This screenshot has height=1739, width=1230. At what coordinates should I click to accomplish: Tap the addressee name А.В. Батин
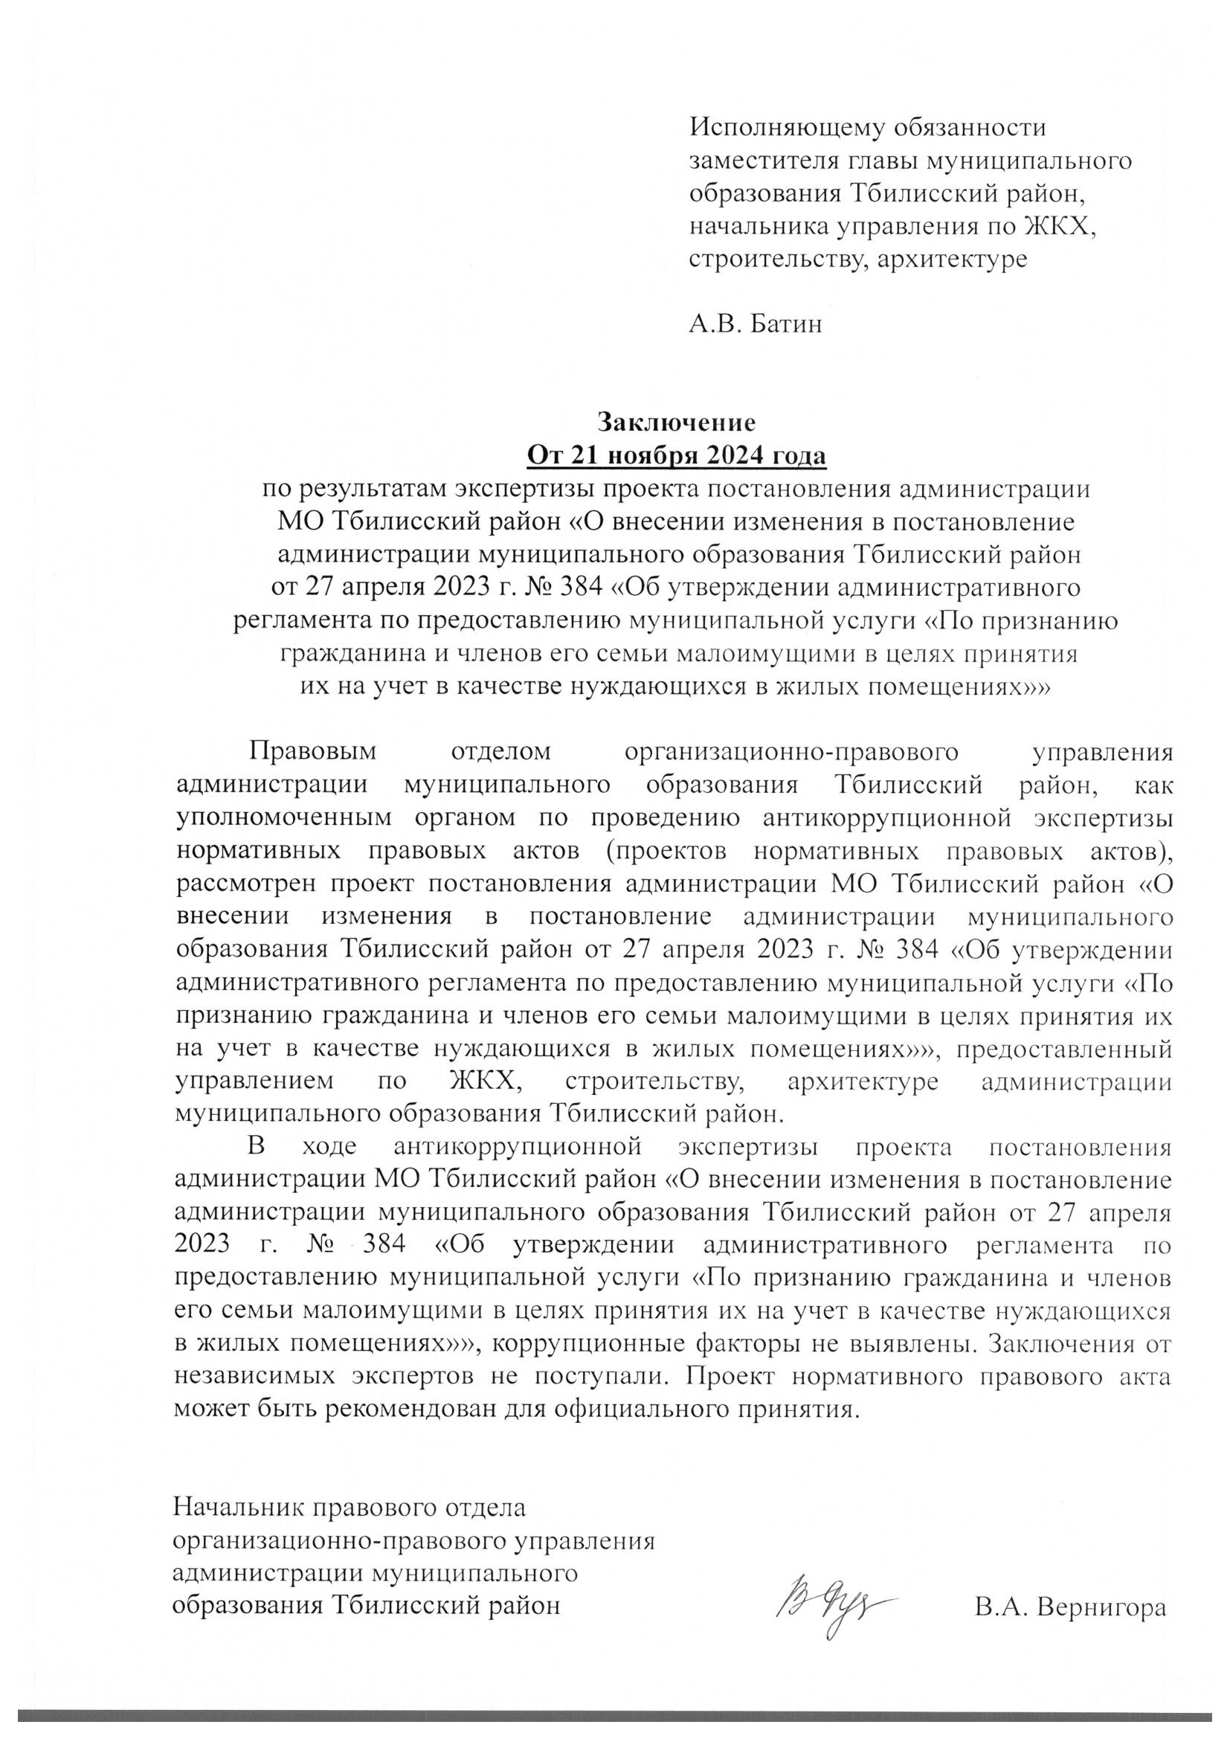point(755,324)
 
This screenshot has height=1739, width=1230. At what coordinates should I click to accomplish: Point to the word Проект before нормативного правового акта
point(726,1378)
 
